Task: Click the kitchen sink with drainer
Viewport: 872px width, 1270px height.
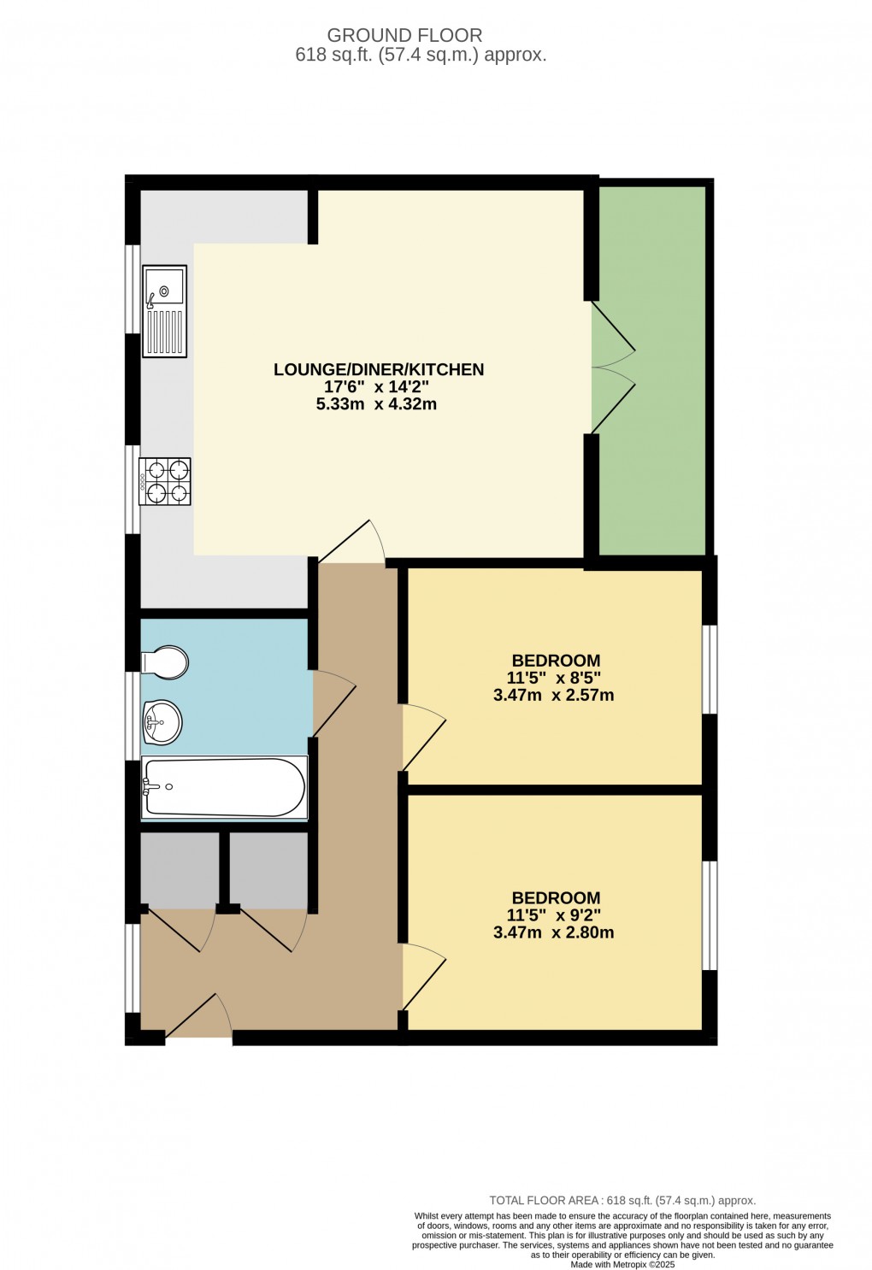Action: pos(164,310)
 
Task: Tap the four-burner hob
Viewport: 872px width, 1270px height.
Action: pos(165,481)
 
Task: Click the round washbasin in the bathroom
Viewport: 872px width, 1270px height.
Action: pos(162,722)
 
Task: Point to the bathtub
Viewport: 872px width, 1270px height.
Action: pos(224,787)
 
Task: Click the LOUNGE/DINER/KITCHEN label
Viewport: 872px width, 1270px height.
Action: pos(379,369)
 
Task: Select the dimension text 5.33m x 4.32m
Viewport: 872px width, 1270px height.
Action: pos(376,404)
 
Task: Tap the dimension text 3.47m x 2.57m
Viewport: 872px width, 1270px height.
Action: pos(553,695)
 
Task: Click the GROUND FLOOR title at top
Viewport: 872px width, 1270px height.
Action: pos(404,35)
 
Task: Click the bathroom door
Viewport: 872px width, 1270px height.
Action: pos(333,703)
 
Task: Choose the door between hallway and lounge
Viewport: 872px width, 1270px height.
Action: pos(352,543)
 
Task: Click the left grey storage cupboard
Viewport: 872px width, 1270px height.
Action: pos(179,869)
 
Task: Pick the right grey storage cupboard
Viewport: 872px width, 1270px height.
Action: pos(268,869)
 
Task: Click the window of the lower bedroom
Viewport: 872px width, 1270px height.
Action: pos(710,915)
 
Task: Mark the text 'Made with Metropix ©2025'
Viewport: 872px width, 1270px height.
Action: pos(622,1264)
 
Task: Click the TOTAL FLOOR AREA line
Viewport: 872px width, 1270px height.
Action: pos(622,1201)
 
